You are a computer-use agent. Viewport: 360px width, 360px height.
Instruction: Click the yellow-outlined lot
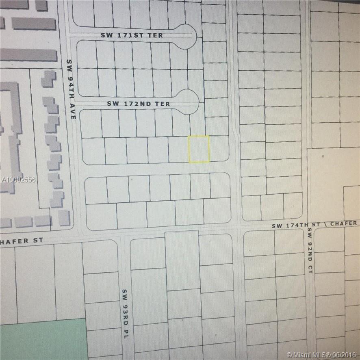pyautogui.click(x=199, y=149)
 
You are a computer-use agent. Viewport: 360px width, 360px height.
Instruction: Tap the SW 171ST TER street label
pyautogui.click(x=132, y=36)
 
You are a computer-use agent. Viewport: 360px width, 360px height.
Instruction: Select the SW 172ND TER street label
pyautogui.click(x=139, y=104)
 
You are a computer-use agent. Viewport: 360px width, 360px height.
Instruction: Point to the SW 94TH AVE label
pyautogui.click(x=71, y=89)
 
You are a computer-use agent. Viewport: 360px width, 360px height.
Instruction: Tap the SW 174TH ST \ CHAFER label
pyautogui.click(x=314, y=224)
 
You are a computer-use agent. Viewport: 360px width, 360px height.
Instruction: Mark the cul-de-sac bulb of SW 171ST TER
pyautogui.click(x=186, y=36)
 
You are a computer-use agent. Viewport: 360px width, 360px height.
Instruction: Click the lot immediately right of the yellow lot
pyautogui.click(x=219, y=149)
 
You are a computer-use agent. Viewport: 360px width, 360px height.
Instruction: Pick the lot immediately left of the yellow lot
pyautogui.click(x=178, y=150)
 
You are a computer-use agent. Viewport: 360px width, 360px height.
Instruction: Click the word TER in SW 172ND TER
pyautogui.click(x=164, y=104)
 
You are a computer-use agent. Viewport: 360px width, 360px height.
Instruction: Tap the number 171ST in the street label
pyautogui.click(x=129, y=36)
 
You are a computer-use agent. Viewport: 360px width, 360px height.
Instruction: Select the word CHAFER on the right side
pyautogui.click(x=344, y=223)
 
